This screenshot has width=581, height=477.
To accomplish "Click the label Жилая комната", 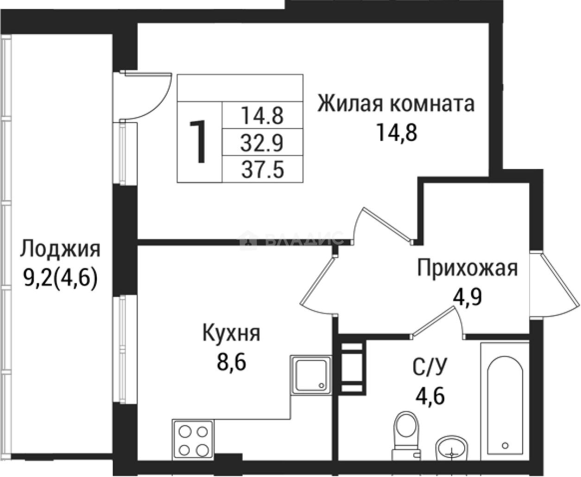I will (x=396, y=103).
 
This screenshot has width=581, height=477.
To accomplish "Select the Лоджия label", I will (x=60, y=249).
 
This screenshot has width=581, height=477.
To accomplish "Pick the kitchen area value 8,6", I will (x=231, y=361).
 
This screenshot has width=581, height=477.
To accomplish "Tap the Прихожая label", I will (x=467, y=268).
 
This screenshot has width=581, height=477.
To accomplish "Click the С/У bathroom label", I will (x=429, y=368).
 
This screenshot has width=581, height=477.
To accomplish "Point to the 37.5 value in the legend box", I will (x=262, y=170).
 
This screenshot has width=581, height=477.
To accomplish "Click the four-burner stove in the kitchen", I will (x=193, y=440).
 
